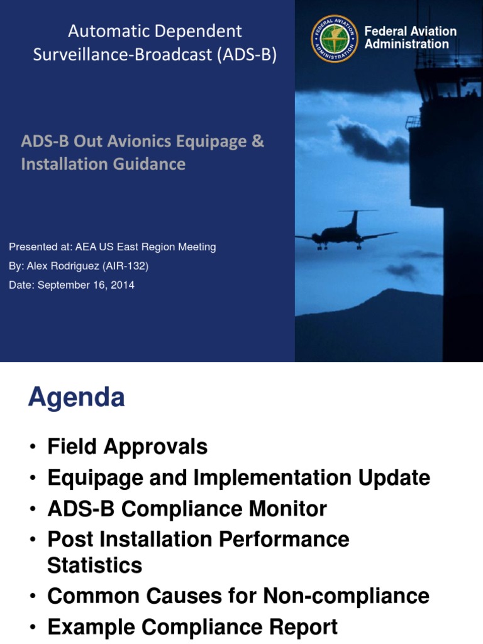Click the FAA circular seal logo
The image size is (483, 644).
334,38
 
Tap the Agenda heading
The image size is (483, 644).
76,398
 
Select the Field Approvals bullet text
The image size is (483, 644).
127,447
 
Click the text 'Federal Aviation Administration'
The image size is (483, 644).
410,38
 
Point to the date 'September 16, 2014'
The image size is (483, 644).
86,285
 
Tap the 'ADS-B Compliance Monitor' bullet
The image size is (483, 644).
187,509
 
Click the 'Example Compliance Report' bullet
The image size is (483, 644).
192,627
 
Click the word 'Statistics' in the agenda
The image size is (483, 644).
94,565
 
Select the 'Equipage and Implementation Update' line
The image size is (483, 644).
238,478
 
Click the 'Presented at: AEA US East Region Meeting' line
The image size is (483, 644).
113,247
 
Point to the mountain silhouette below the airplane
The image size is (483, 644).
377,314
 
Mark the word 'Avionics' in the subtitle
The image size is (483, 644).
140,141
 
